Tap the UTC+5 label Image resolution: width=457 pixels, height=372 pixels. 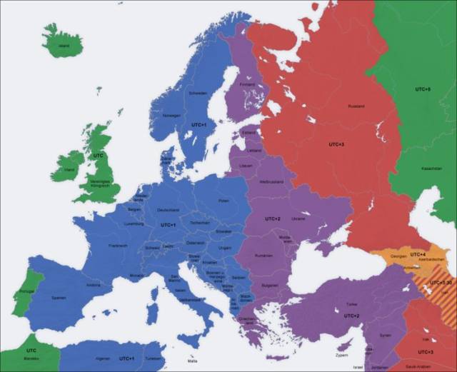(423, 89)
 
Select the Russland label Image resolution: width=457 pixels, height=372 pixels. (356, 106)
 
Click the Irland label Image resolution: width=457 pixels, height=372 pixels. (69, 170)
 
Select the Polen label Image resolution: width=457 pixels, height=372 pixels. (224, 201)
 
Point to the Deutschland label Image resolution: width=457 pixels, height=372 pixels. (168, 209)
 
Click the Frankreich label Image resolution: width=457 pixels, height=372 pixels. (118, 245)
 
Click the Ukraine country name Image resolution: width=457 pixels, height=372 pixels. (298, 218)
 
